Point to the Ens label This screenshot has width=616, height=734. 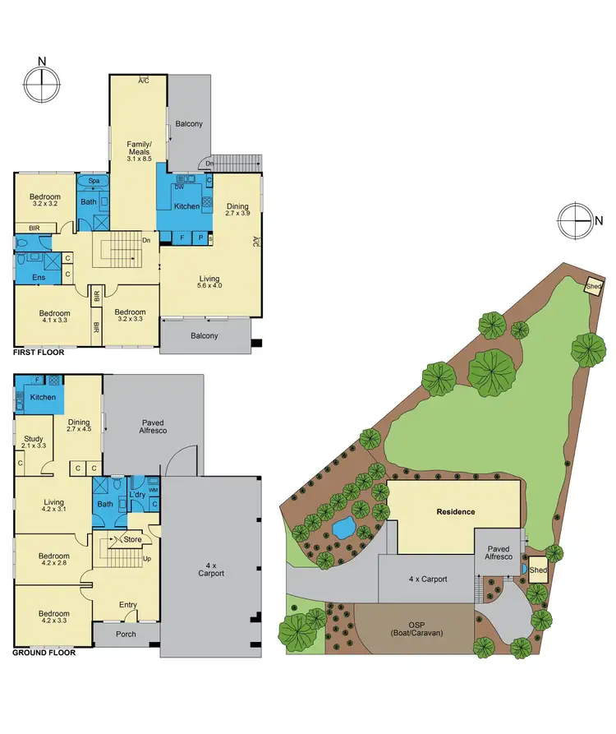point(39,278)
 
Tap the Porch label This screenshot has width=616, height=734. point(126,634)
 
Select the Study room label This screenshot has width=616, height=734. point(34,443)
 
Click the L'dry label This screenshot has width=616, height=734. point(137,496)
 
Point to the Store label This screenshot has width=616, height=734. point(132,539)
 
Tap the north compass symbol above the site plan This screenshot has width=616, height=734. point(574,219)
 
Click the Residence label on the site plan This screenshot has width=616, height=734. point(455,512)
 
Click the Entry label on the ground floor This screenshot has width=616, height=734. point(128,605)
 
